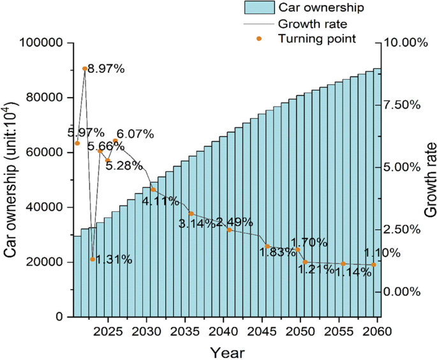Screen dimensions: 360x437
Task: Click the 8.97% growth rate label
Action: tap(105, 69)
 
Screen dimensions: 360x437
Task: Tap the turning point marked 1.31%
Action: tap(93, 259)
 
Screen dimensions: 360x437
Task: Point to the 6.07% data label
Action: tap(135, 135)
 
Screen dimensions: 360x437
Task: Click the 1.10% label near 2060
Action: tap(381, 253)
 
